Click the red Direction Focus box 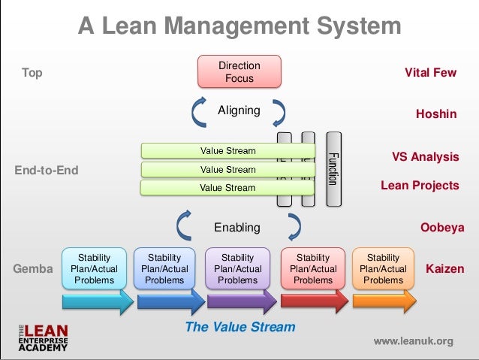(x=239, y=71)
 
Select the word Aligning (x=239, y=110)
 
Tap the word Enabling (x=237, y=227)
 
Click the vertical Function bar (x=333, y=169)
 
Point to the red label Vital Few (x=430, y=73)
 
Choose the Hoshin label (x=436, y=114)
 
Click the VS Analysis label (x=425, y=157)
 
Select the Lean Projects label (x=419, y=185)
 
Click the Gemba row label (x=33, y=268)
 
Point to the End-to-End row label (x=47, y=170)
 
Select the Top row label (x=32, y=73)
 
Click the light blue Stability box (x=94, y=269)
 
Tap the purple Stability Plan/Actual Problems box (x=238, y=269)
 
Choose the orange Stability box (x=383, y=269)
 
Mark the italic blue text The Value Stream (x=239, y=327)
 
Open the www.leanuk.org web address (x=413, y=341)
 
